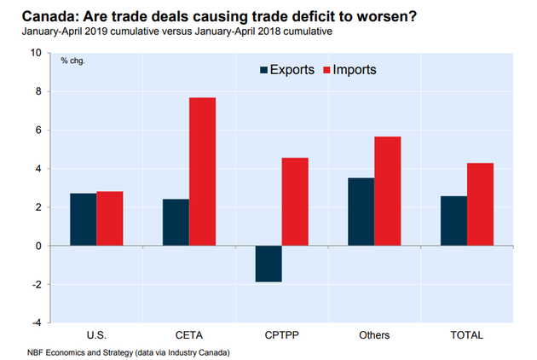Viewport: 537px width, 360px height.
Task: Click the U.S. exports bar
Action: [x=83, y=219]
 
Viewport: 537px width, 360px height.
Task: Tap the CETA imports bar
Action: [x=202, y=171]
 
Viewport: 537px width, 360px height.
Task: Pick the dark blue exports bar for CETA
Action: [x=176, y=223]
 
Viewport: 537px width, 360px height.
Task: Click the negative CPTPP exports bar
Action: [x=268, y=264]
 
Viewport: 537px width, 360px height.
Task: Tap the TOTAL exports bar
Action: [x=453, y=221]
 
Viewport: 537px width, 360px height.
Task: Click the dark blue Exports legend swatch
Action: [x=264, y=70]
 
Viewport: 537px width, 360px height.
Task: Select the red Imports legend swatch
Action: [x=326, y=70]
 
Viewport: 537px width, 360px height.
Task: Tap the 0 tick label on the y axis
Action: [x=38, y=246]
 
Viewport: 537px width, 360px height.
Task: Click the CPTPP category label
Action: [x=281, y=334]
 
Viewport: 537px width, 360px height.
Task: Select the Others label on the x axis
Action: [x=374, y=334]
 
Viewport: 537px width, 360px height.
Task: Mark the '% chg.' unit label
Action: [x=72, y=61]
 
